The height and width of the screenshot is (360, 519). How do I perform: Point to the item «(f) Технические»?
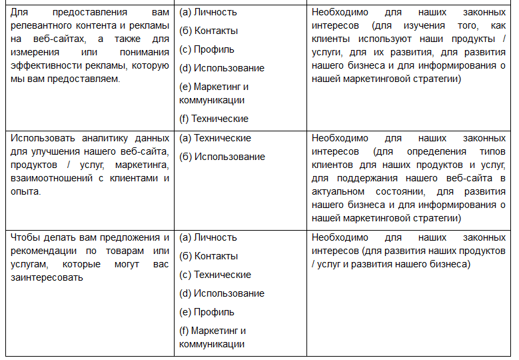pos(214,119)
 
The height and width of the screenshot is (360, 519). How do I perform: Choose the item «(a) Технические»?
pos(215,138)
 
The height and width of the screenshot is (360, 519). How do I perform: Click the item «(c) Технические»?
pos(215,275)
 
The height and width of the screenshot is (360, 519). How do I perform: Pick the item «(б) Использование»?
pos(222,157)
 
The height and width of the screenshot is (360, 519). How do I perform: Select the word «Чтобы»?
pos(24,237)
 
